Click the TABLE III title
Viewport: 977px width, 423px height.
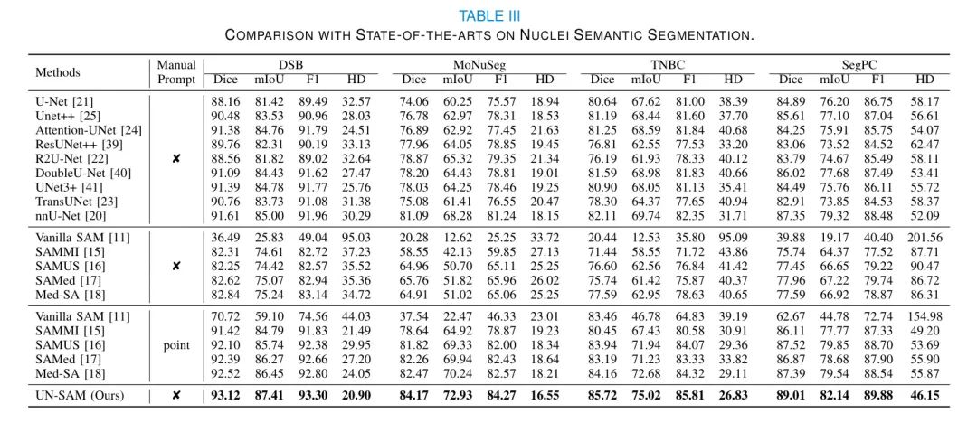tap(489, 15)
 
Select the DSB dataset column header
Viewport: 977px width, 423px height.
tap(290, 65)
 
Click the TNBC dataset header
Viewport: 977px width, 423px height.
tap(669, 65)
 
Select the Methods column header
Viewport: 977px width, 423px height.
tap(58, 72)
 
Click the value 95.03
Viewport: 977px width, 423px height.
tap(360, 238)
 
